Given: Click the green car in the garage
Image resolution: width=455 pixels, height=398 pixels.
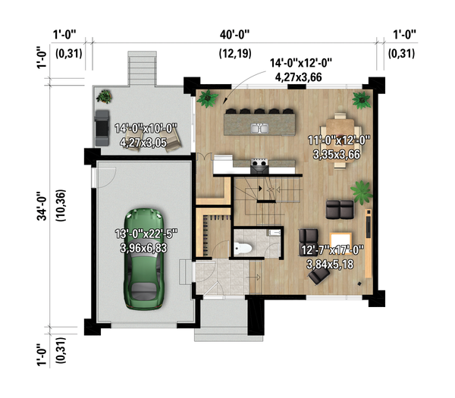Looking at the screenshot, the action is point(144,259).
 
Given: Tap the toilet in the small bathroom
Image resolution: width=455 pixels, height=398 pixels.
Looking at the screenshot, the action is point(243,249).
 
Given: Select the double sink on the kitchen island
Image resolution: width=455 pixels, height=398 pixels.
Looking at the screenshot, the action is point(259,128).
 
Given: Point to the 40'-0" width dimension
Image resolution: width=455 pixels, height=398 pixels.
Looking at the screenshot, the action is point(234,35).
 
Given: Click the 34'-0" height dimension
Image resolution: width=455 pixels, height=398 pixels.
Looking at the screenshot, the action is point(42,206).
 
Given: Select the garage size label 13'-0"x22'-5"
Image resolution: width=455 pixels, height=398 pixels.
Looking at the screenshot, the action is point(146,233).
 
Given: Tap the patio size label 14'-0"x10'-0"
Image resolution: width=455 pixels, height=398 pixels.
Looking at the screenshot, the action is point(146,128).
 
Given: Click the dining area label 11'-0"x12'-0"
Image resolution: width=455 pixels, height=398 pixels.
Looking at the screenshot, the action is point(339,140).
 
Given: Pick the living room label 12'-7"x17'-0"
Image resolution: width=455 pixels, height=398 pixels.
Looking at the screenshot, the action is point(333,250).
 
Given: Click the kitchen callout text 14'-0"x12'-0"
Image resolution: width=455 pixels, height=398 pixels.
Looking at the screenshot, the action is point(301,63).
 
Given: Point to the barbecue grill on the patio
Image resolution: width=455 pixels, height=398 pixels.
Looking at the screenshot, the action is point(102,128).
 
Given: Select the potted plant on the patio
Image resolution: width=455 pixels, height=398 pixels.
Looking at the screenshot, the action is point(104,96).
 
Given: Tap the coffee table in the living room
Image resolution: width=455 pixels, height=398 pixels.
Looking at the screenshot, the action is point(340,240).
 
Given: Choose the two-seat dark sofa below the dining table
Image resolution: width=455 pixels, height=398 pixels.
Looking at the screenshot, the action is point(340,209).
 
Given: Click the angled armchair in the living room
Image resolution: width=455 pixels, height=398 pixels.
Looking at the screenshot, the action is point(319,276).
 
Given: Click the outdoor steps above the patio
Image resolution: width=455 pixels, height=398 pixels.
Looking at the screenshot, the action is point(143,68).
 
